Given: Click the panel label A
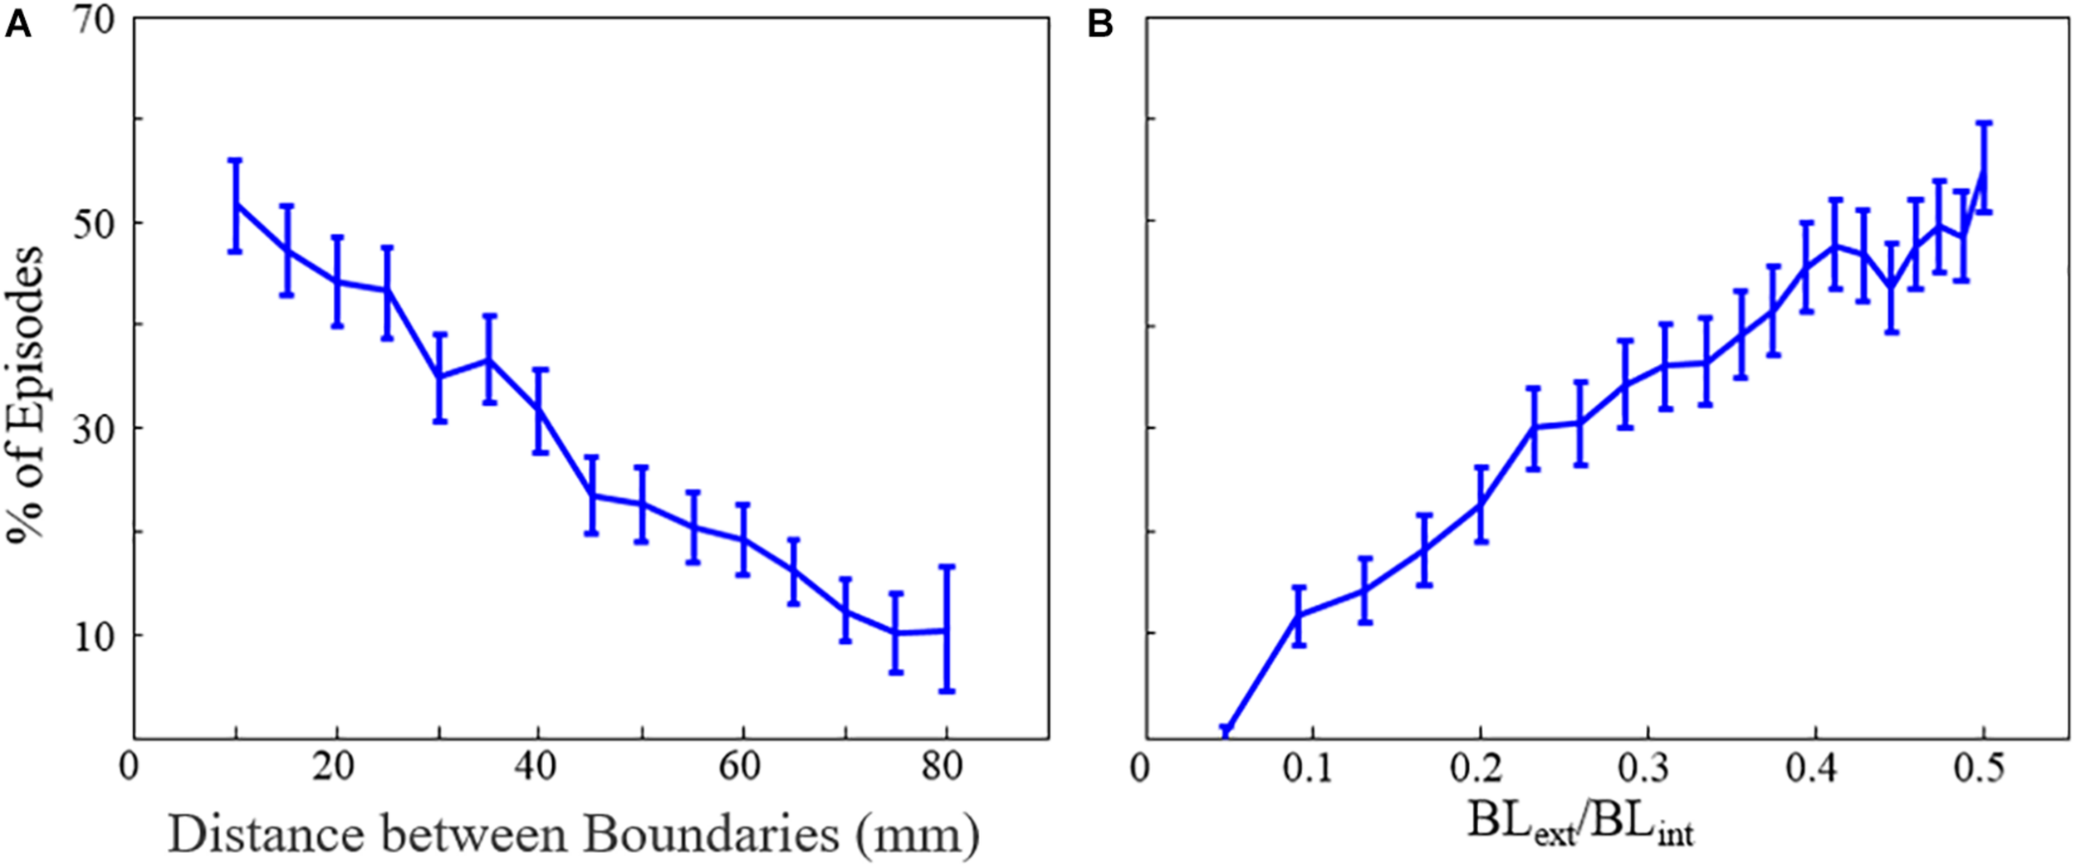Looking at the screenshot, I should pos(17,26).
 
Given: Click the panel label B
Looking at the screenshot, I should pos(1100,26).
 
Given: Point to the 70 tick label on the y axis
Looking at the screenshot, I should pos(93,20).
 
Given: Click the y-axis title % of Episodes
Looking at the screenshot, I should pos(25,394).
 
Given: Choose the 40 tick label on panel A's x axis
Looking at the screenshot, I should pos(536,767).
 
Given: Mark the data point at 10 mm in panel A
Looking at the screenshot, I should pos(236,203).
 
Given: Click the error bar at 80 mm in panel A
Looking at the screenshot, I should pos(947,628).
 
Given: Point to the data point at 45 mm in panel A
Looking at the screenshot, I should pos(591,495).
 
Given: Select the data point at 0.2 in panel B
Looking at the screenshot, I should pos(1480,504).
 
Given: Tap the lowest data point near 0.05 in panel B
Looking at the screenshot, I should pos(1227,731).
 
